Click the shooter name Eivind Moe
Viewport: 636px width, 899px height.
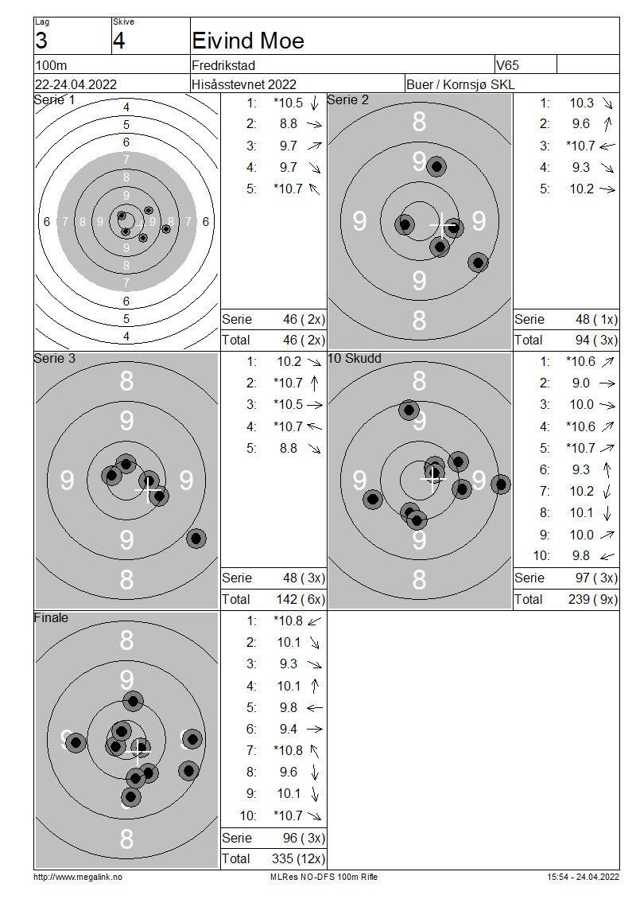coord(248,41)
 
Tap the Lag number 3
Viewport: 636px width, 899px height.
coord(41,41)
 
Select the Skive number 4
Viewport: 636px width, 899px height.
coord(118,41)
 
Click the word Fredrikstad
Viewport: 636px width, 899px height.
coord(223,65)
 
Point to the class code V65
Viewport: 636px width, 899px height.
coord(508,65)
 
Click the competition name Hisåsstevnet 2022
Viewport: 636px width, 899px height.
coord(244,84)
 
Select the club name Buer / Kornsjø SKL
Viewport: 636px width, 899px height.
coord(460,84)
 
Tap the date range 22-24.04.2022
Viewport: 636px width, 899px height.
coord(76,84)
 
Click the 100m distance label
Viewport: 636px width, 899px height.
coord(51,65)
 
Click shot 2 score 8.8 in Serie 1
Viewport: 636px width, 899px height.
coord(289,124)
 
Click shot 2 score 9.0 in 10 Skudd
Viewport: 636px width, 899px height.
coord(580,383)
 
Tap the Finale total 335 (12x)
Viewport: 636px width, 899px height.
coord(298,858)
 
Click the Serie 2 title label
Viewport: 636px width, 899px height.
coord(347,99)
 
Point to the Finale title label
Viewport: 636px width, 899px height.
coord(51,617)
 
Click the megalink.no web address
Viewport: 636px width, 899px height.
coord(78,877)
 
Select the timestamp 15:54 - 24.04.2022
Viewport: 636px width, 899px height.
coord(583,877)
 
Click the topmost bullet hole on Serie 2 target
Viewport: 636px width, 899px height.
coord(436,167)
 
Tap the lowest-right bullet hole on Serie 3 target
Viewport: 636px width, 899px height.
coord(196,539)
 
